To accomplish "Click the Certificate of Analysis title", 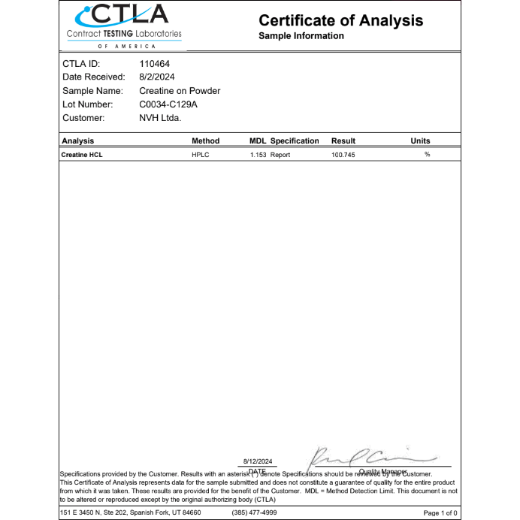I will (340, 20).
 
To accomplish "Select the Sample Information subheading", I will (301, 36).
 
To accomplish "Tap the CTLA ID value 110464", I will (155, 64).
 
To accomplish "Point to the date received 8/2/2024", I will (157, 77).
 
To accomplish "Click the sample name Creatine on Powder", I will (180, 91).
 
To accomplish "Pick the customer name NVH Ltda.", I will (160, 118).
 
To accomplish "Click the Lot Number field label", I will (87, 104).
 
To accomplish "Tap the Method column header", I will (205, 141).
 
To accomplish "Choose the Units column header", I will (420, 141).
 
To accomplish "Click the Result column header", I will (343, 141).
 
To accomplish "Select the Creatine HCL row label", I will (82, 154).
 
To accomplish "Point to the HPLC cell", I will (200, 154).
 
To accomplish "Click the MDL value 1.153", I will (258, 154).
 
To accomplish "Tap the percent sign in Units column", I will (427, 154).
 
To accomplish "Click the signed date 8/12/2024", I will (258, 461).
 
